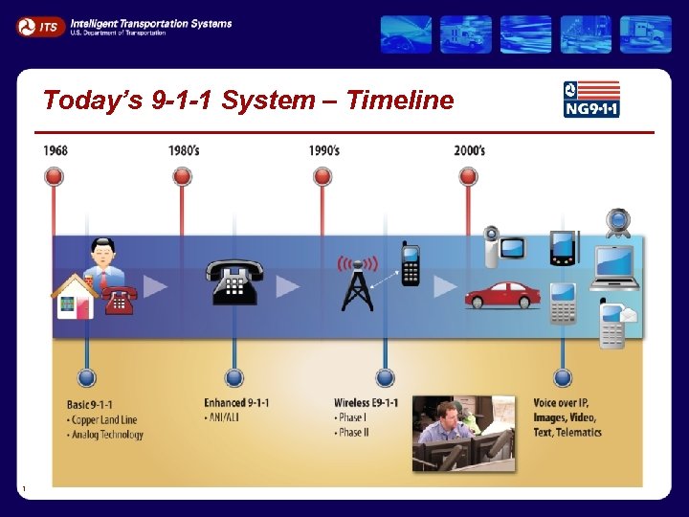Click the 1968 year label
tap(56, 150)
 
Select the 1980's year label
tap(184, 150)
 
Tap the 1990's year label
tap(323, 150)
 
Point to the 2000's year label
tap(469, 150)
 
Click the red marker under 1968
tap(55, 176)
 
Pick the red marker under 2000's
tap(468, 176)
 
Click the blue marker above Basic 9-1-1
tap(87, 377)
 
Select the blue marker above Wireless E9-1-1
tap(385, 377)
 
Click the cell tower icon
tap(357, 281)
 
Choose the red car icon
tap(502, 295)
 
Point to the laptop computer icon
tap(614, 268)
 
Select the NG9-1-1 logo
tap(591, 99)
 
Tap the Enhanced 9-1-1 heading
tap(236, 403)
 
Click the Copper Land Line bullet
tap(104, 419)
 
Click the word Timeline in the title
tap(400, 100)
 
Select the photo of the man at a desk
tap(463, 433)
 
